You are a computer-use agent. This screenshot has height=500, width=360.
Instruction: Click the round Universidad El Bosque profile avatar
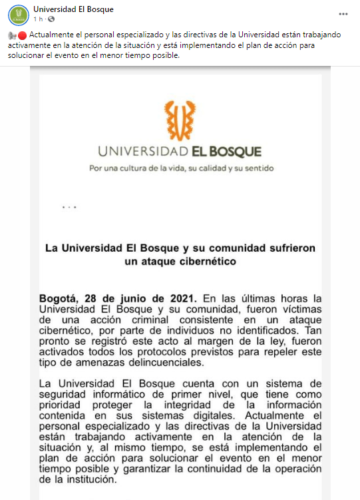19,14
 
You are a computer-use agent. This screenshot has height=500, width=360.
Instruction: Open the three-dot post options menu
343,14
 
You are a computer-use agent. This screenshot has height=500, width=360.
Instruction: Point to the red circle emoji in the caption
23,35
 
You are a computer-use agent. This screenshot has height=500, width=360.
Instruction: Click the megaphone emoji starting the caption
13,35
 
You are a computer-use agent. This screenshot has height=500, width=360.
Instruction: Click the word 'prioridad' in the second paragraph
62,404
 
